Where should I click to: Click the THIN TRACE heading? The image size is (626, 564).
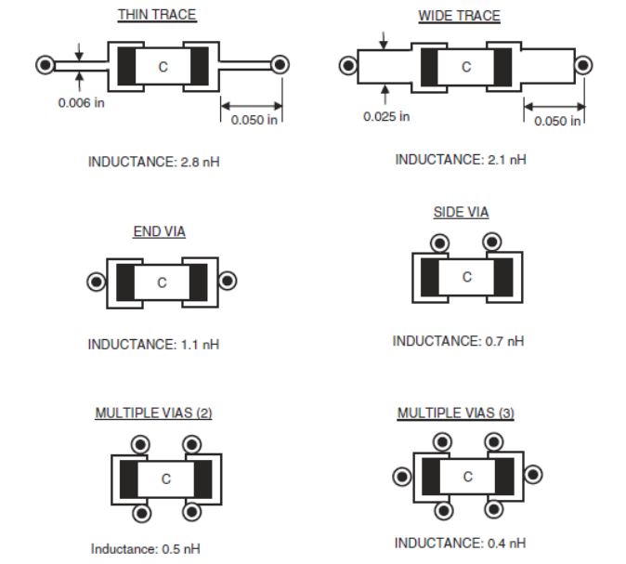coord(157,15)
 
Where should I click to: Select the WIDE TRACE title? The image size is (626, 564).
coord(459,16)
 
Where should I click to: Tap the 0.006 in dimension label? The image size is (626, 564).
coord(82,103)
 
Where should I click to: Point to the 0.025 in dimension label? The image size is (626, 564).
coord(386,117)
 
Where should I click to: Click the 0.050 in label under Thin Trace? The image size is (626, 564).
coord(254,120)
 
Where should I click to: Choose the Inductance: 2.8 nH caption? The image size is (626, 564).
coord(153,162)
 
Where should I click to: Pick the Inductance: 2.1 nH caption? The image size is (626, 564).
coord(461,160)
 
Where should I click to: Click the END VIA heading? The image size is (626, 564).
coord(160,231)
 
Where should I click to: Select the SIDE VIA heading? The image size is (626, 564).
coord(461,212)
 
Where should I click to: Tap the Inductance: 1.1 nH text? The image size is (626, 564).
coord(153,345)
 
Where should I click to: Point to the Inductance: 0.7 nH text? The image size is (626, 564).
coord(458,341)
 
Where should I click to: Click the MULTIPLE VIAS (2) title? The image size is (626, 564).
coord(153,413)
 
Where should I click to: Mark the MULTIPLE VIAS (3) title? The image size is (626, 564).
coord(456,413)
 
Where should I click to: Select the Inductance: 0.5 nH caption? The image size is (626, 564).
coord(146,549)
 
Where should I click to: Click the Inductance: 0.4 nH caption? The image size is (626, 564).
coord(460,544)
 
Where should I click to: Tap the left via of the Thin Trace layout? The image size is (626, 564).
coord(46,65)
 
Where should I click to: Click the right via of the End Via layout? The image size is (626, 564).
coord(228,281)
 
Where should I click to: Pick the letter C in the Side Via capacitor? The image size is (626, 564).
coord(467,277)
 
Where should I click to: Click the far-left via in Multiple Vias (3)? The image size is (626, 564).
coord(402,476)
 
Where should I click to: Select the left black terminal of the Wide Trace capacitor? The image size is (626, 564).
coord(429,67)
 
